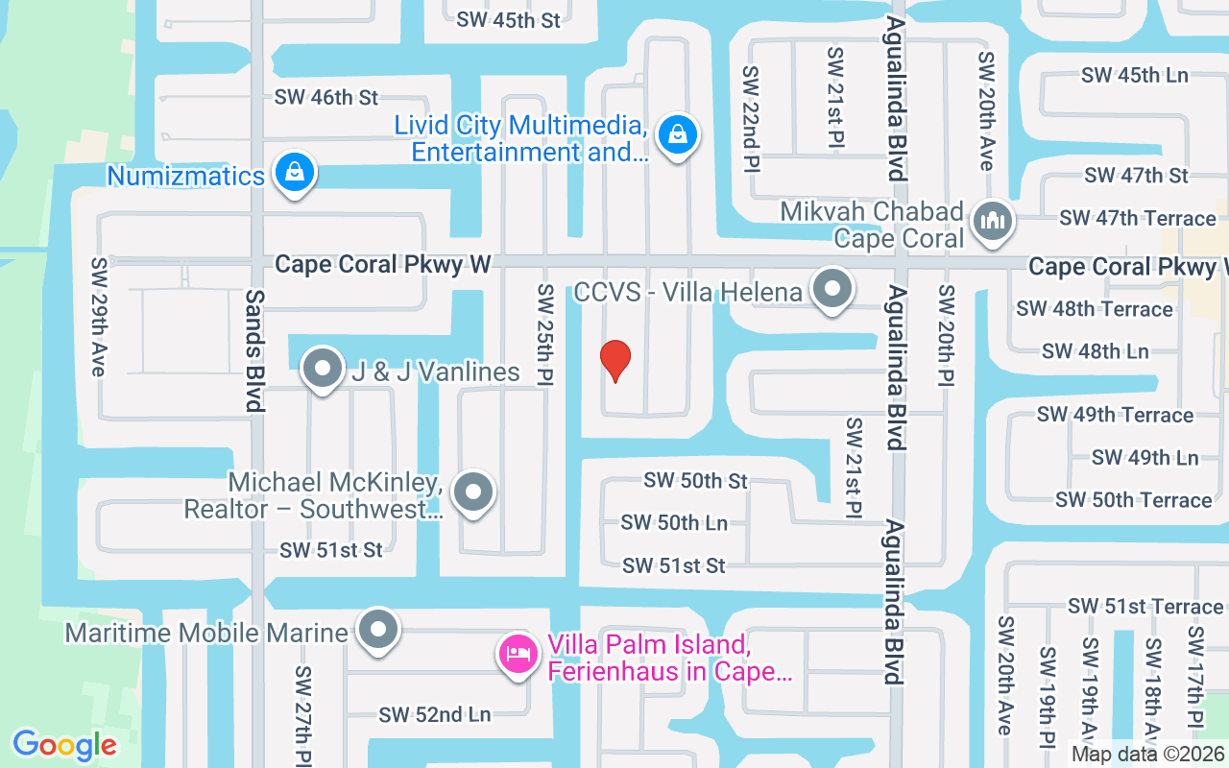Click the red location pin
point(615,361)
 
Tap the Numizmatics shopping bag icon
point(295,173)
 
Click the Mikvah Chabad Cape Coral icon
point(993,220)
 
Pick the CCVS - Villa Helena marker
point(831,288)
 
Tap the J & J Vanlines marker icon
point(323,369)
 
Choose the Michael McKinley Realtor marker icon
point(472,492)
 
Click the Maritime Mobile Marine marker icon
point(378,630)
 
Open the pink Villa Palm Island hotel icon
point(518,656)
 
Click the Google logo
point(64,744)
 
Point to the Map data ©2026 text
point(1147,755)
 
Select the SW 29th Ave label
point(99,317)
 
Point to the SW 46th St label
point(326,97)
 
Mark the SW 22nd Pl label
point(750,119)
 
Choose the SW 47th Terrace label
point(1138,218)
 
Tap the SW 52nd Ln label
point(434,714)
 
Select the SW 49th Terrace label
point(1115,415)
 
